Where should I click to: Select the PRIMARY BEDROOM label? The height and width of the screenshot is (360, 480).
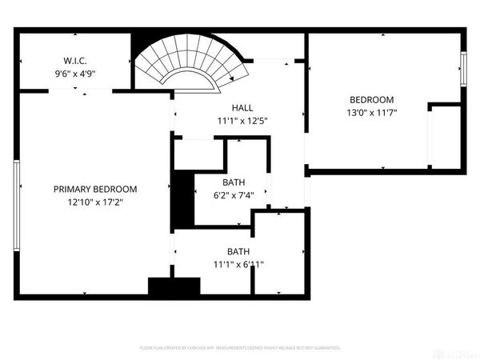[x=95, y=190]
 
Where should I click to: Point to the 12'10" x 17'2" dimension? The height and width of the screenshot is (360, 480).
[x=95, y=202]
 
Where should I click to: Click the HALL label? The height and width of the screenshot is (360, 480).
[x=243, y=108]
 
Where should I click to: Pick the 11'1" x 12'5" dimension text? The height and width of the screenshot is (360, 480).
[x=243, y=122]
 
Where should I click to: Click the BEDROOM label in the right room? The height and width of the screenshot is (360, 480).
[x=371, y=100]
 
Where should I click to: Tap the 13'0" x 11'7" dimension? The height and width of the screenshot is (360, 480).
[x=371, y=113]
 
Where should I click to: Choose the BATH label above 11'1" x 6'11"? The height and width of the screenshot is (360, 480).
[x=238, y=251]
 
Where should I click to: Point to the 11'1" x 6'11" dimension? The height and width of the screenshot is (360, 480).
[x=238, y=264]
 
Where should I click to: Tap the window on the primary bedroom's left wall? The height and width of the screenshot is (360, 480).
[x=17, y=206]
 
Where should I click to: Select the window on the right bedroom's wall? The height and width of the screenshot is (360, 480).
[x=462, y=69]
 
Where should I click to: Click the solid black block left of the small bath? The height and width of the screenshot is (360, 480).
[x=183, y=198]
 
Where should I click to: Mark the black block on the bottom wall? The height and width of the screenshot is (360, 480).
[x=173, y=286]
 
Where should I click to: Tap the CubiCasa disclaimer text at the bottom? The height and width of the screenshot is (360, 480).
[x=240, y=348]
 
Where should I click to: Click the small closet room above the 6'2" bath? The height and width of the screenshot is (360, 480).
[x=198, y=154]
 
